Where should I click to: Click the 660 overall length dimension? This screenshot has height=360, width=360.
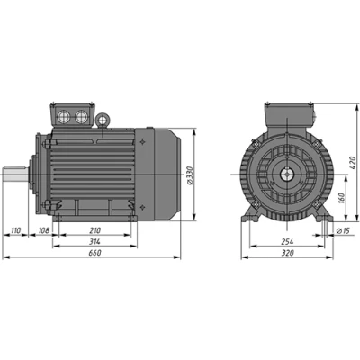pyautogui.click(x=94, y=253)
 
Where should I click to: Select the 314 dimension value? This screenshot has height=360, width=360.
pyautogui.click(x=94, y=241)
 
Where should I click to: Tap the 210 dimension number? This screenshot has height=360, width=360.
pyautogui.click(x=94, y=230)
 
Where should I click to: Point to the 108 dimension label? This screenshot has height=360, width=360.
pyautogui.click(x=44, y=230)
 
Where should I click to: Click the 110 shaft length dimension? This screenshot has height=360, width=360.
pyautogui.click(x=15, y=230)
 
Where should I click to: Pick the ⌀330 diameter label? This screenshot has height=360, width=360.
pyautogui.click(x=189, y=175)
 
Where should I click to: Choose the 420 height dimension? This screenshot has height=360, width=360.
pyautogui.click(x=353, y=162)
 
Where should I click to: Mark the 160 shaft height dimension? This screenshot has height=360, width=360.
pyautogui.click(x=341, y=198)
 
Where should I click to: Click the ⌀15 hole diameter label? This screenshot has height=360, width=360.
pyautogui.click(x=343, y=230)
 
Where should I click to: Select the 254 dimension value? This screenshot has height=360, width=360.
pyautogui.click(x=287, y=241)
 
